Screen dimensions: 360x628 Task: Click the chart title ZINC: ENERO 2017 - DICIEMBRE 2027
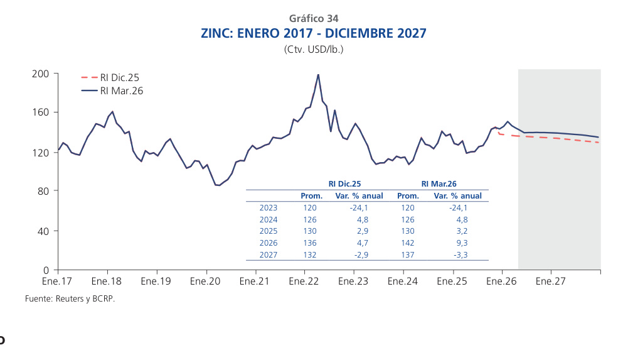pyautogui.click(x=313, y=33)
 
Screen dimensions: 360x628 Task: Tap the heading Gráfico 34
pyautogui.click(x=314, y=18)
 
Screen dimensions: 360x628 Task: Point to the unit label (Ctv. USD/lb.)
pyautogui.click(x=314, y=49)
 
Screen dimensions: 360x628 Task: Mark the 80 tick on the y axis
pyautogui.click(x=43, y=191)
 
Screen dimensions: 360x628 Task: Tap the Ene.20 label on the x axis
pyautogui.click(x=206, y=281)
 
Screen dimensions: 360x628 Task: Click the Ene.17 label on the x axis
pyautogui.click(x=58, y=281)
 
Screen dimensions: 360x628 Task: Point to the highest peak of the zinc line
pyautogui.click(x=318, y=75)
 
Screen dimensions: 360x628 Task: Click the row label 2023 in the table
pyautogui.click(x=268, y=207)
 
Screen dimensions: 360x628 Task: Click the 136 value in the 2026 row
pyautogui.click(x=310, y=243)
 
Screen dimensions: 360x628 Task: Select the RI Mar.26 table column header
pyautogui.click(x=439, y=184)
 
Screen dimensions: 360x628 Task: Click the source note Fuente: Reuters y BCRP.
pyautogui.click(x=70, y=298)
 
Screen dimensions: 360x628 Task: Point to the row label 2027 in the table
pyautogui.click(x=268, y=255)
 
